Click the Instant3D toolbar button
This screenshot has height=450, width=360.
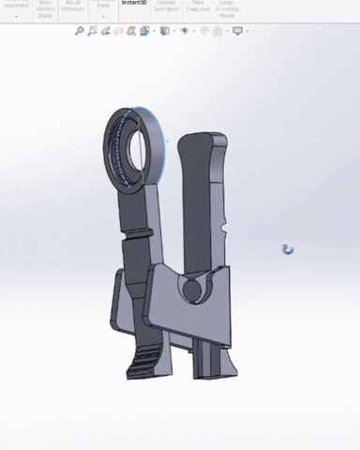click(x=134, y=5)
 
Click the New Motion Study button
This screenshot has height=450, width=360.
click(x=45, y=8)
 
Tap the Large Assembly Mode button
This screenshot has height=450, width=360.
click(x=227, y=8)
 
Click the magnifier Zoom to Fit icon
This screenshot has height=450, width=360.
click(x=80, y=31)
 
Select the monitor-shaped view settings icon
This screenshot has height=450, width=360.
click(x=238, y=31)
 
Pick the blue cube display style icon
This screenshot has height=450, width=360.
click(x=165, y=31)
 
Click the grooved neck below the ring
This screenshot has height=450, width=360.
click(x=137, y=231)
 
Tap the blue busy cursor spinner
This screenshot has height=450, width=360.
click(x=288, y=249)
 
